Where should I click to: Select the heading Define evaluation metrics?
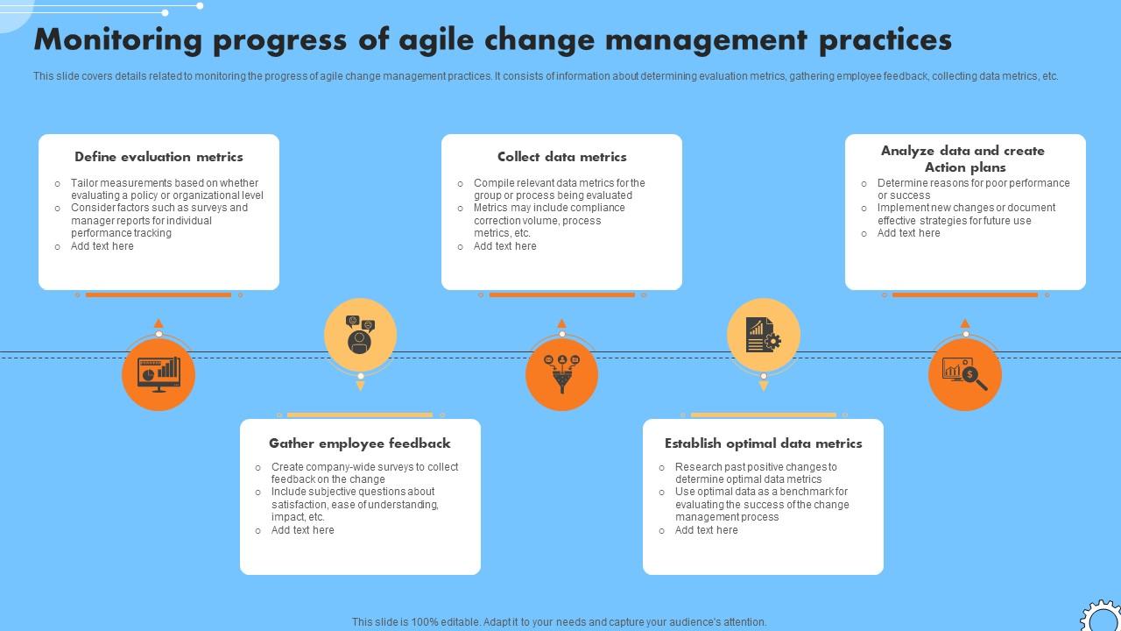click(x=159, y=157)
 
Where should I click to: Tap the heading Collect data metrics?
click(x=561, y=157)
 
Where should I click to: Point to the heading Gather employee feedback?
click(x=359, y=443)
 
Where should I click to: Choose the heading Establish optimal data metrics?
click(x=763, y=443)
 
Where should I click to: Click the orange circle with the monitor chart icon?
click(x=159, y=374)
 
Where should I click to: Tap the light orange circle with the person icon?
click(x=360, y=335)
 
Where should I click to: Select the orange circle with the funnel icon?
click(x=561, y=374)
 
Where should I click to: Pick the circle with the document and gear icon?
click(x=763, y=335)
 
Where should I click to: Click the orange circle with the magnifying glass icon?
click(x=964, y=374)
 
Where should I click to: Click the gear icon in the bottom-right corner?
click(x=1101, y=617)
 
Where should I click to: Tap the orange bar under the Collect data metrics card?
click(x=561, y=295)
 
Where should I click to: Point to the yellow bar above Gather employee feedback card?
click(x=360, y=415)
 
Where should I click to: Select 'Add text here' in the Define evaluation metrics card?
click(x=102, y=246)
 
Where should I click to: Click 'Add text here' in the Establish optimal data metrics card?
click(x=706, y=530)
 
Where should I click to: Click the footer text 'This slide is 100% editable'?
click(x=559, y=622)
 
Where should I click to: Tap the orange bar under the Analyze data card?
click(x=964, y=295)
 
